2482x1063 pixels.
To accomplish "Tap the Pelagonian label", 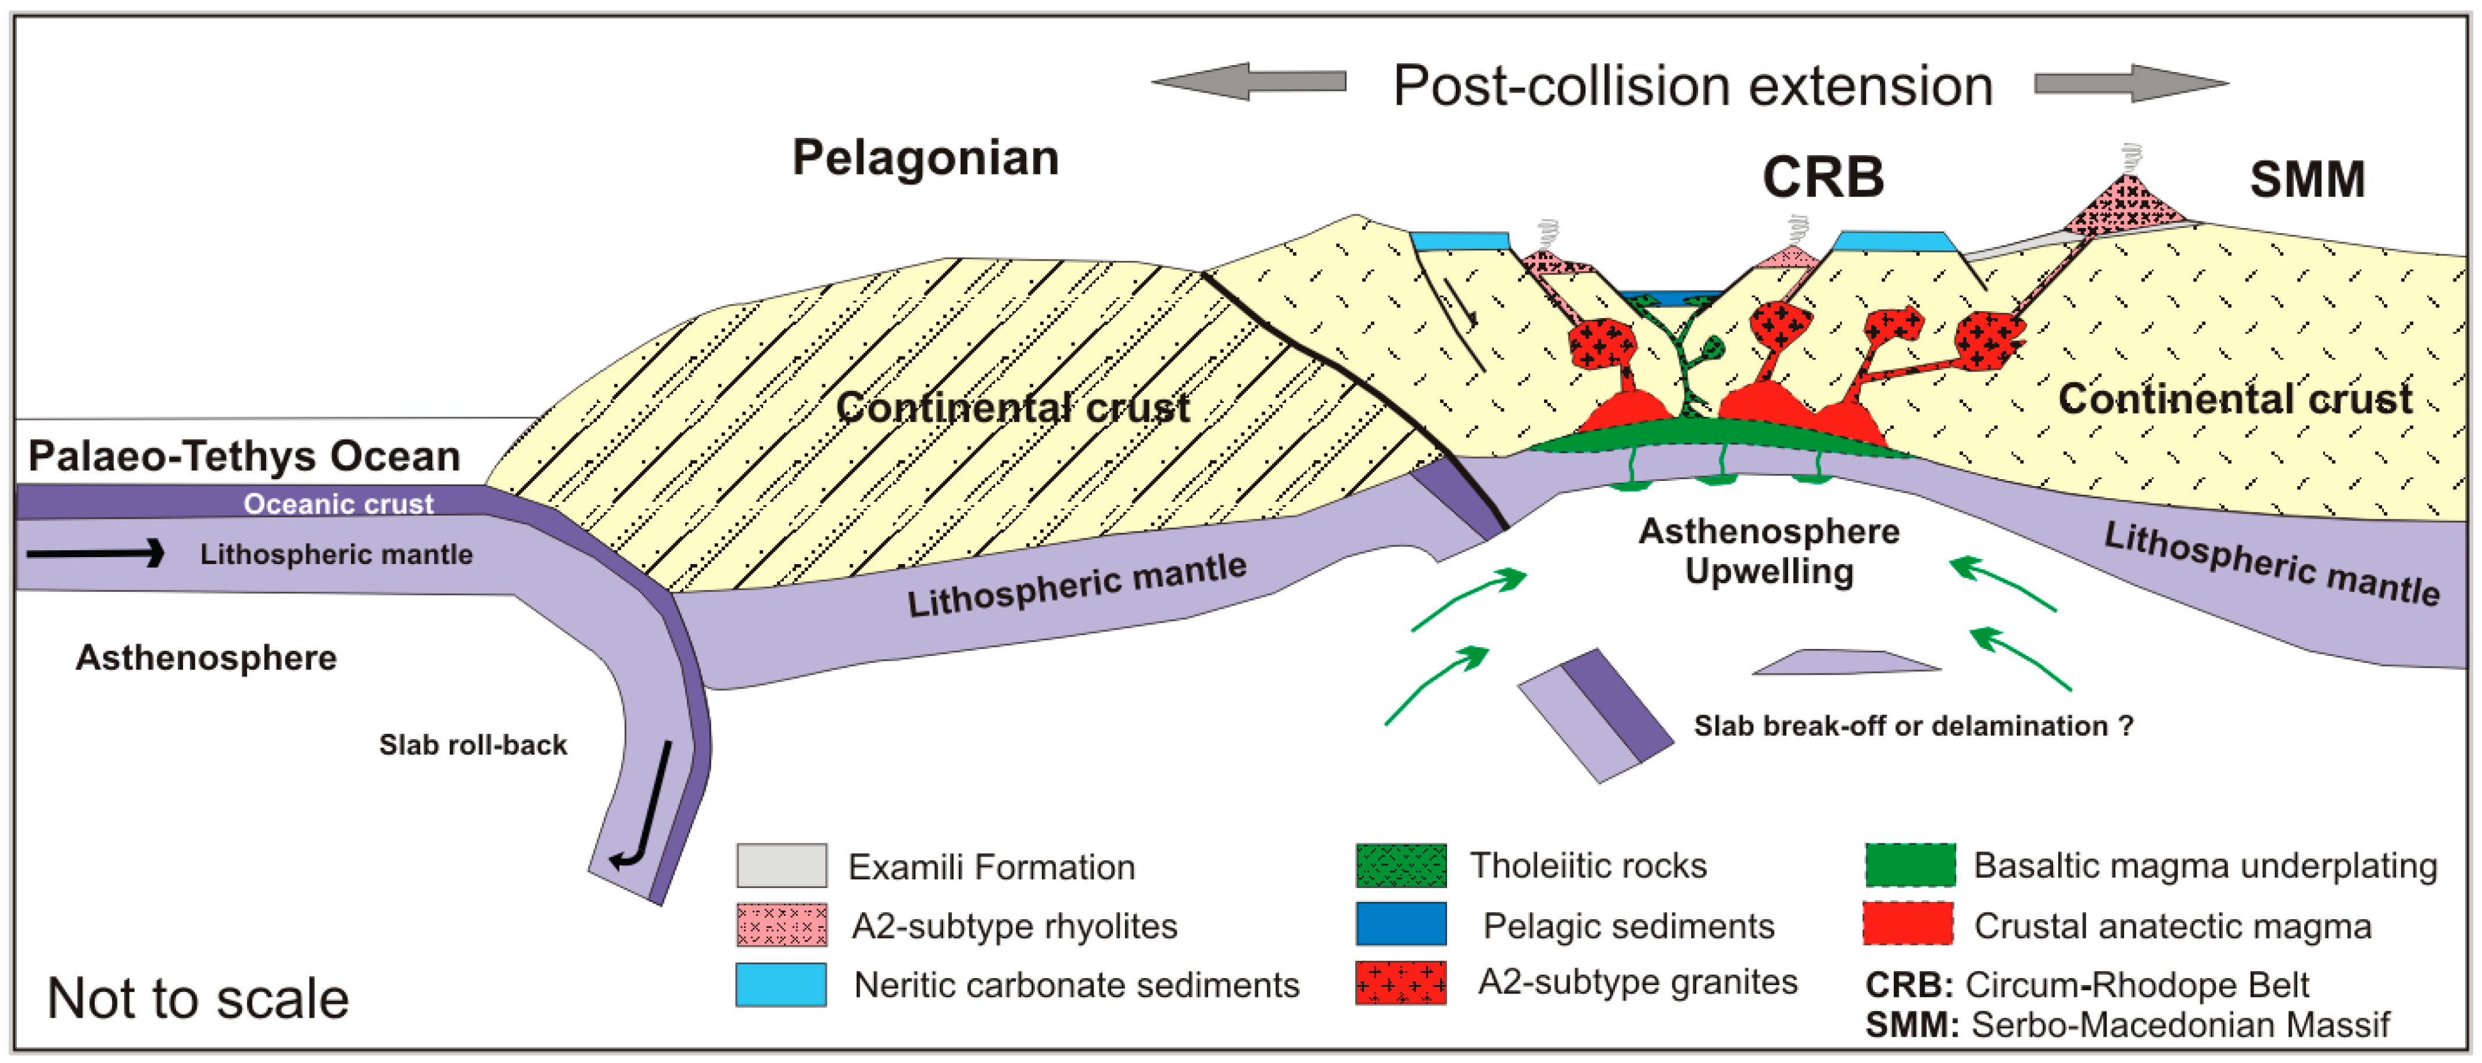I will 925,157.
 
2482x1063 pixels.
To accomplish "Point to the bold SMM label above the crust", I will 2306,179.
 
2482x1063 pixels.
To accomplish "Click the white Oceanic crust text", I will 338,503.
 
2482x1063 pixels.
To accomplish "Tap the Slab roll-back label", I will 472,745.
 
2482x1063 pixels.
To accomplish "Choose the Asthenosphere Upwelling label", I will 1769,551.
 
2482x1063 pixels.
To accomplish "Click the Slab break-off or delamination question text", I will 1914,726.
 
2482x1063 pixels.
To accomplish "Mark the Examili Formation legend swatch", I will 782,865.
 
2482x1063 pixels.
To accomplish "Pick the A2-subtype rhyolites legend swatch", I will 782,925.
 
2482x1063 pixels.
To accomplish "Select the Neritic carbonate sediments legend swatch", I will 782,984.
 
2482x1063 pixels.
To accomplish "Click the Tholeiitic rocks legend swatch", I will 1401,865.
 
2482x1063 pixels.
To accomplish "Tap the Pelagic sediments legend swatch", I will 1401,924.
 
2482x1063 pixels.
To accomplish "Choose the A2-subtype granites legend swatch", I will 1401,983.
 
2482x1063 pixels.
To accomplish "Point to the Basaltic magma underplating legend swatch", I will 1910,865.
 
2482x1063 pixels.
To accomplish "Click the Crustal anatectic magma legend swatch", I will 1910,924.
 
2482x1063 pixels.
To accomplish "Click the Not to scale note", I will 198,998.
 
